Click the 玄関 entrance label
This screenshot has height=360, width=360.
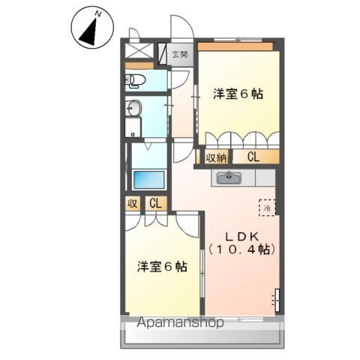(x=179, y=54)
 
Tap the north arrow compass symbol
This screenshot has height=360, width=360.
(x=91, y=30)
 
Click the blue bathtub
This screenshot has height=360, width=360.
(x=148, y=181)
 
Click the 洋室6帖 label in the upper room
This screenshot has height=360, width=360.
(x=238, y=94)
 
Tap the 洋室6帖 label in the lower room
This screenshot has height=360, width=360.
(x=162, y=266)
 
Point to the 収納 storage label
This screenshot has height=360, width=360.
(x=216, y=157)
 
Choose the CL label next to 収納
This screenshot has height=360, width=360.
(x=253, y=157)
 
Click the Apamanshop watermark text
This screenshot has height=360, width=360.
(x=180, y=323)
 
